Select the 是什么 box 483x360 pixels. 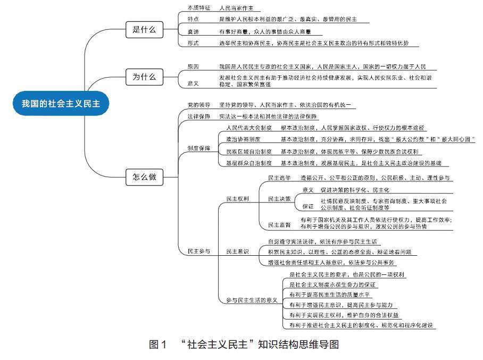coord(144,30)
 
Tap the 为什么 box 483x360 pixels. coord(144,77)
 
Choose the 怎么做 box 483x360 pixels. coord(144,178)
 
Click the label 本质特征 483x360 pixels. coord(199,9)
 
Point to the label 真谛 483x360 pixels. coord(193,31)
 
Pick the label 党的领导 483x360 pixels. coord(199,105)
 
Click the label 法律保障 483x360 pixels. coord(199,116)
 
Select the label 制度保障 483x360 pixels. coord(199,148)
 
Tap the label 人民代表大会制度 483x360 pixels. coord(249,128)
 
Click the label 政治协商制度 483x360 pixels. coord(244,139)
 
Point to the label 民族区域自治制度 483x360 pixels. coord(249,152)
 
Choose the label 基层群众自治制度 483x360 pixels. coord(249,163)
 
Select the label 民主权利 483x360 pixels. coord(237,199)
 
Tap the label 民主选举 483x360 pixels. coord(279,178)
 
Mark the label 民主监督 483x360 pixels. coord(279,225)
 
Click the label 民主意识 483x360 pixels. coord(237,251)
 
